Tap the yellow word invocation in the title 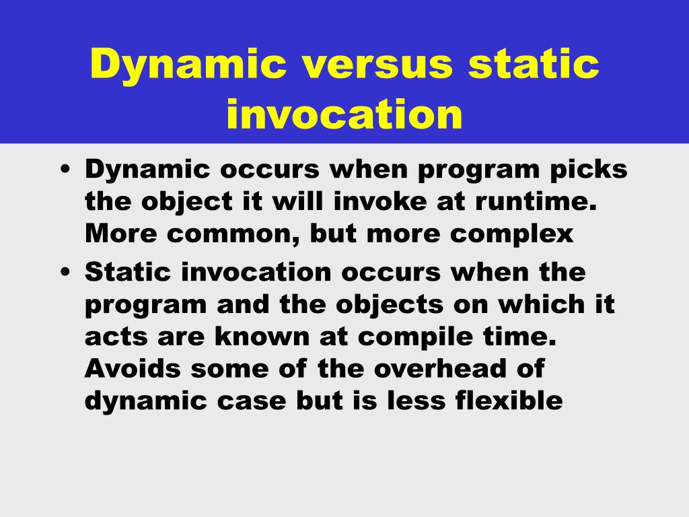pyautogui.click(x=344, y=114)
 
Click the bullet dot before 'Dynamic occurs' pyautogui.click(x=65, y=170)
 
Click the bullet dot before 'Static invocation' pyautogui.click(x=65, y=272)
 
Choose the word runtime pyautogui.click(x=536, y=202)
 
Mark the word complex pyautogui.click(x=511, y=234)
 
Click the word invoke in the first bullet pyautogui.click(x=380, y=202)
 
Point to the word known pyautogui.click(x=262, y=337)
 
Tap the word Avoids pyautogui.click(x=133, y=368)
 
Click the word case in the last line pyautogui.click(x=252, y=402)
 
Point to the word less pyautogui.click(x=416, y=401)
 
